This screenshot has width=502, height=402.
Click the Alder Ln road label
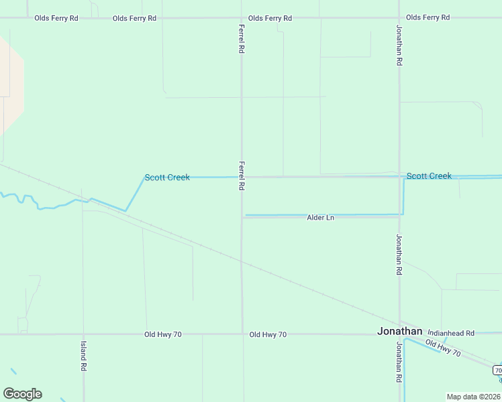(320, 218)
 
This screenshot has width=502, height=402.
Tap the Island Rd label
(83, 355)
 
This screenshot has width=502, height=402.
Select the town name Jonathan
(400, 331)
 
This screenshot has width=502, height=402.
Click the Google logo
(22, 394)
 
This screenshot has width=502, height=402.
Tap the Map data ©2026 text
(473, 397)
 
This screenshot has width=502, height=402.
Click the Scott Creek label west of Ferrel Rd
(167, 178)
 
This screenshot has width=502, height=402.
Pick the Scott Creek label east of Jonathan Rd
(429, 176)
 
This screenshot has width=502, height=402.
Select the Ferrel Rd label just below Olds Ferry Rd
(241, 39)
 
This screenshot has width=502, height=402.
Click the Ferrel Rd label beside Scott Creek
(241, 175)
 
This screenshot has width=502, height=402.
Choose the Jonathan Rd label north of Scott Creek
(399, 46)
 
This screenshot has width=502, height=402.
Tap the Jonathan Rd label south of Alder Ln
(399, 255)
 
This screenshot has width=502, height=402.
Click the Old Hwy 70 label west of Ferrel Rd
(163, 334)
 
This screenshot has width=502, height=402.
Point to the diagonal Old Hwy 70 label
(443, 348)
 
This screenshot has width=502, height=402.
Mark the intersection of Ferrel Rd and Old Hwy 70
(242, 334)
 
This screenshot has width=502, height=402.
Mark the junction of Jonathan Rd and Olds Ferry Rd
(399, 17)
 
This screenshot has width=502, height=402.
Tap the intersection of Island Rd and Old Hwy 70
(83, 334)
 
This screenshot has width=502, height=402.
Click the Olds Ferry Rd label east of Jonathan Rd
(428, 17)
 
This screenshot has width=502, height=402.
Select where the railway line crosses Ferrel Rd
(242, 261)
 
